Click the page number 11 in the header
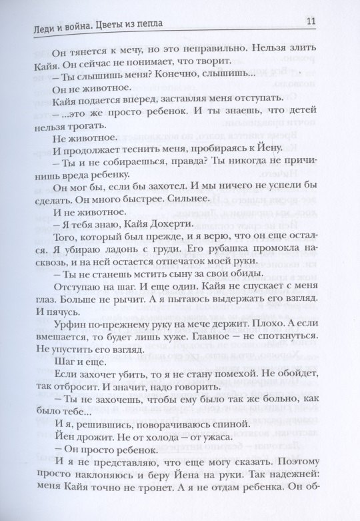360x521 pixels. click(311, 21)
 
